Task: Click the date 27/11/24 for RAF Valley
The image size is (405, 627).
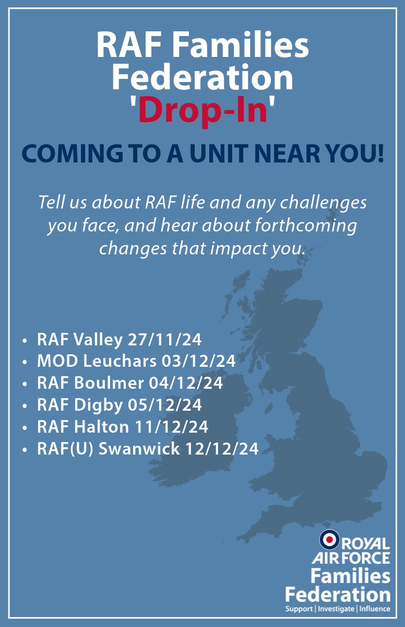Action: [x=164, y=340]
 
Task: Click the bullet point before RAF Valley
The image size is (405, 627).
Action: [x=25, y=341]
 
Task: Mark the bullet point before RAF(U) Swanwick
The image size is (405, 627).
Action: [x=25, y=449]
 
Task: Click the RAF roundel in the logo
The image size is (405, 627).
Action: [x=329, y=539]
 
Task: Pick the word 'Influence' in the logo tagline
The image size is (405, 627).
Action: [x=374, y=609]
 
